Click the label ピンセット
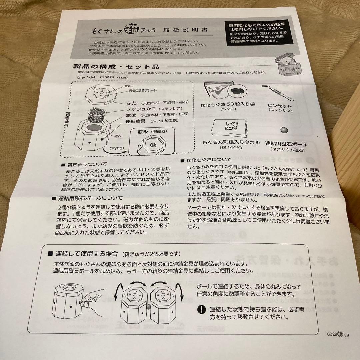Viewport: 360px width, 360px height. pos(280,105)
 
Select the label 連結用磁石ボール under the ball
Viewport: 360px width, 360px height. pos(286,144)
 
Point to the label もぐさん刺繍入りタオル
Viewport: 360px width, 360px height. pos(231,142)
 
